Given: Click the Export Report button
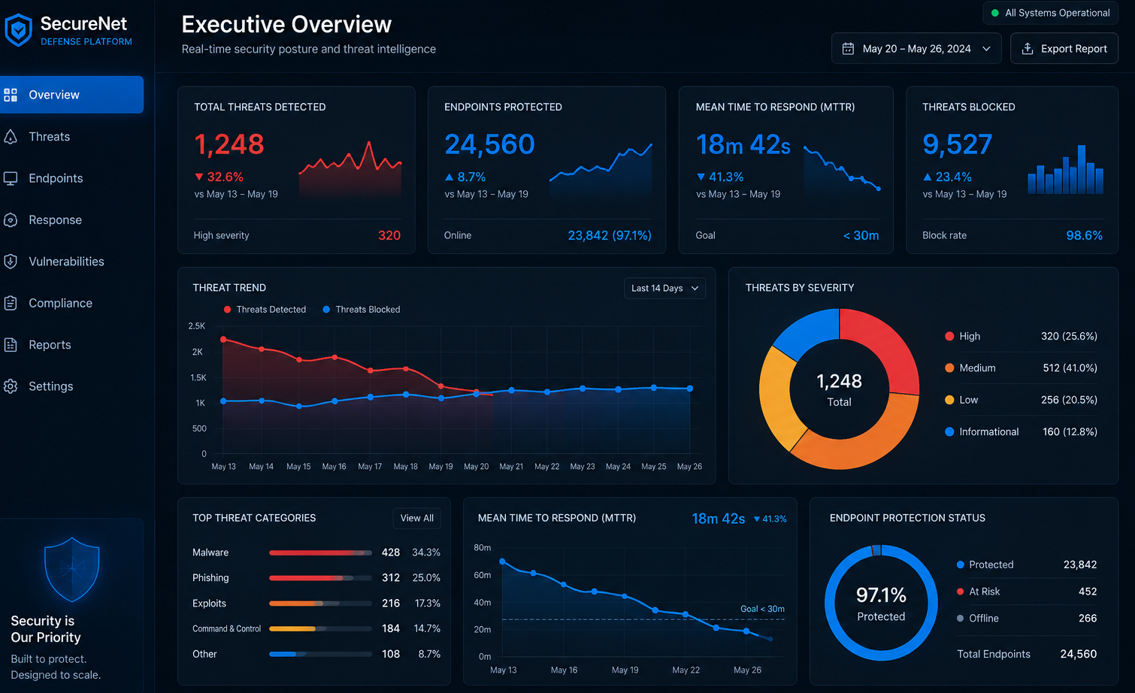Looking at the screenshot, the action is tap(1064, 49).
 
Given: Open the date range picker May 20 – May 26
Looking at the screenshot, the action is tap(916, 49).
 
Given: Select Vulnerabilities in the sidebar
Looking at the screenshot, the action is tap(66, 262).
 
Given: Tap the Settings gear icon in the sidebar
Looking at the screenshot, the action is tap(11, 386).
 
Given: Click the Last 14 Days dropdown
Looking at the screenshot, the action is tap(664, 288).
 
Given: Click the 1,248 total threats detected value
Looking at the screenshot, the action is tap(229, 144).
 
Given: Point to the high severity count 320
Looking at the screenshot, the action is tap(389, 235).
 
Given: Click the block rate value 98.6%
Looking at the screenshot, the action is tap(1085, 235).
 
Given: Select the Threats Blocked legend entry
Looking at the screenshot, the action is tap(362, 310).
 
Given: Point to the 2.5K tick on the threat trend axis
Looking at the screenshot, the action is tap(197, 325).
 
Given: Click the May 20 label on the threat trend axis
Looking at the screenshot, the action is tap(477, 467).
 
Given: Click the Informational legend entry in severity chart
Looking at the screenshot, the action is tap(982, 431).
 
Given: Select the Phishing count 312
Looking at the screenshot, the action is tap(391, 577).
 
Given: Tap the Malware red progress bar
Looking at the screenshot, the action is tap(316, 552).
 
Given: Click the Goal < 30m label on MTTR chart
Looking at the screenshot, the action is tap(762, 609).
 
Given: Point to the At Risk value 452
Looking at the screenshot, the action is tap(1088, 592).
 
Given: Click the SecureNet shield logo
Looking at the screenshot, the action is tap(19, 30).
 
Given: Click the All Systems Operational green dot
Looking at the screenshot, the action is tap(995, 14).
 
